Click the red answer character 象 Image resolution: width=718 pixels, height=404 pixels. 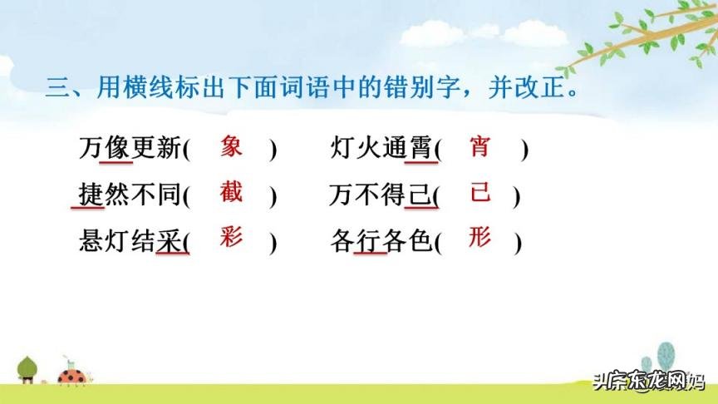(232, 147)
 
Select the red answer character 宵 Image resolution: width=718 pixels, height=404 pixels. (479, 147)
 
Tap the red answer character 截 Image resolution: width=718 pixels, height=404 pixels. (231, 192)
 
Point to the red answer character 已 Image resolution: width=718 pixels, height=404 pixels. (480, 193)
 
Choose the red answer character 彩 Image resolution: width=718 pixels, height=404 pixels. (231, 238)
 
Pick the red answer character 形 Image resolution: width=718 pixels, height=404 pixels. (479, 238)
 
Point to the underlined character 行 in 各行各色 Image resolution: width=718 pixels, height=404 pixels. (368, 241)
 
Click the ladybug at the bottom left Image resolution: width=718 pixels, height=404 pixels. (70, 375)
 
